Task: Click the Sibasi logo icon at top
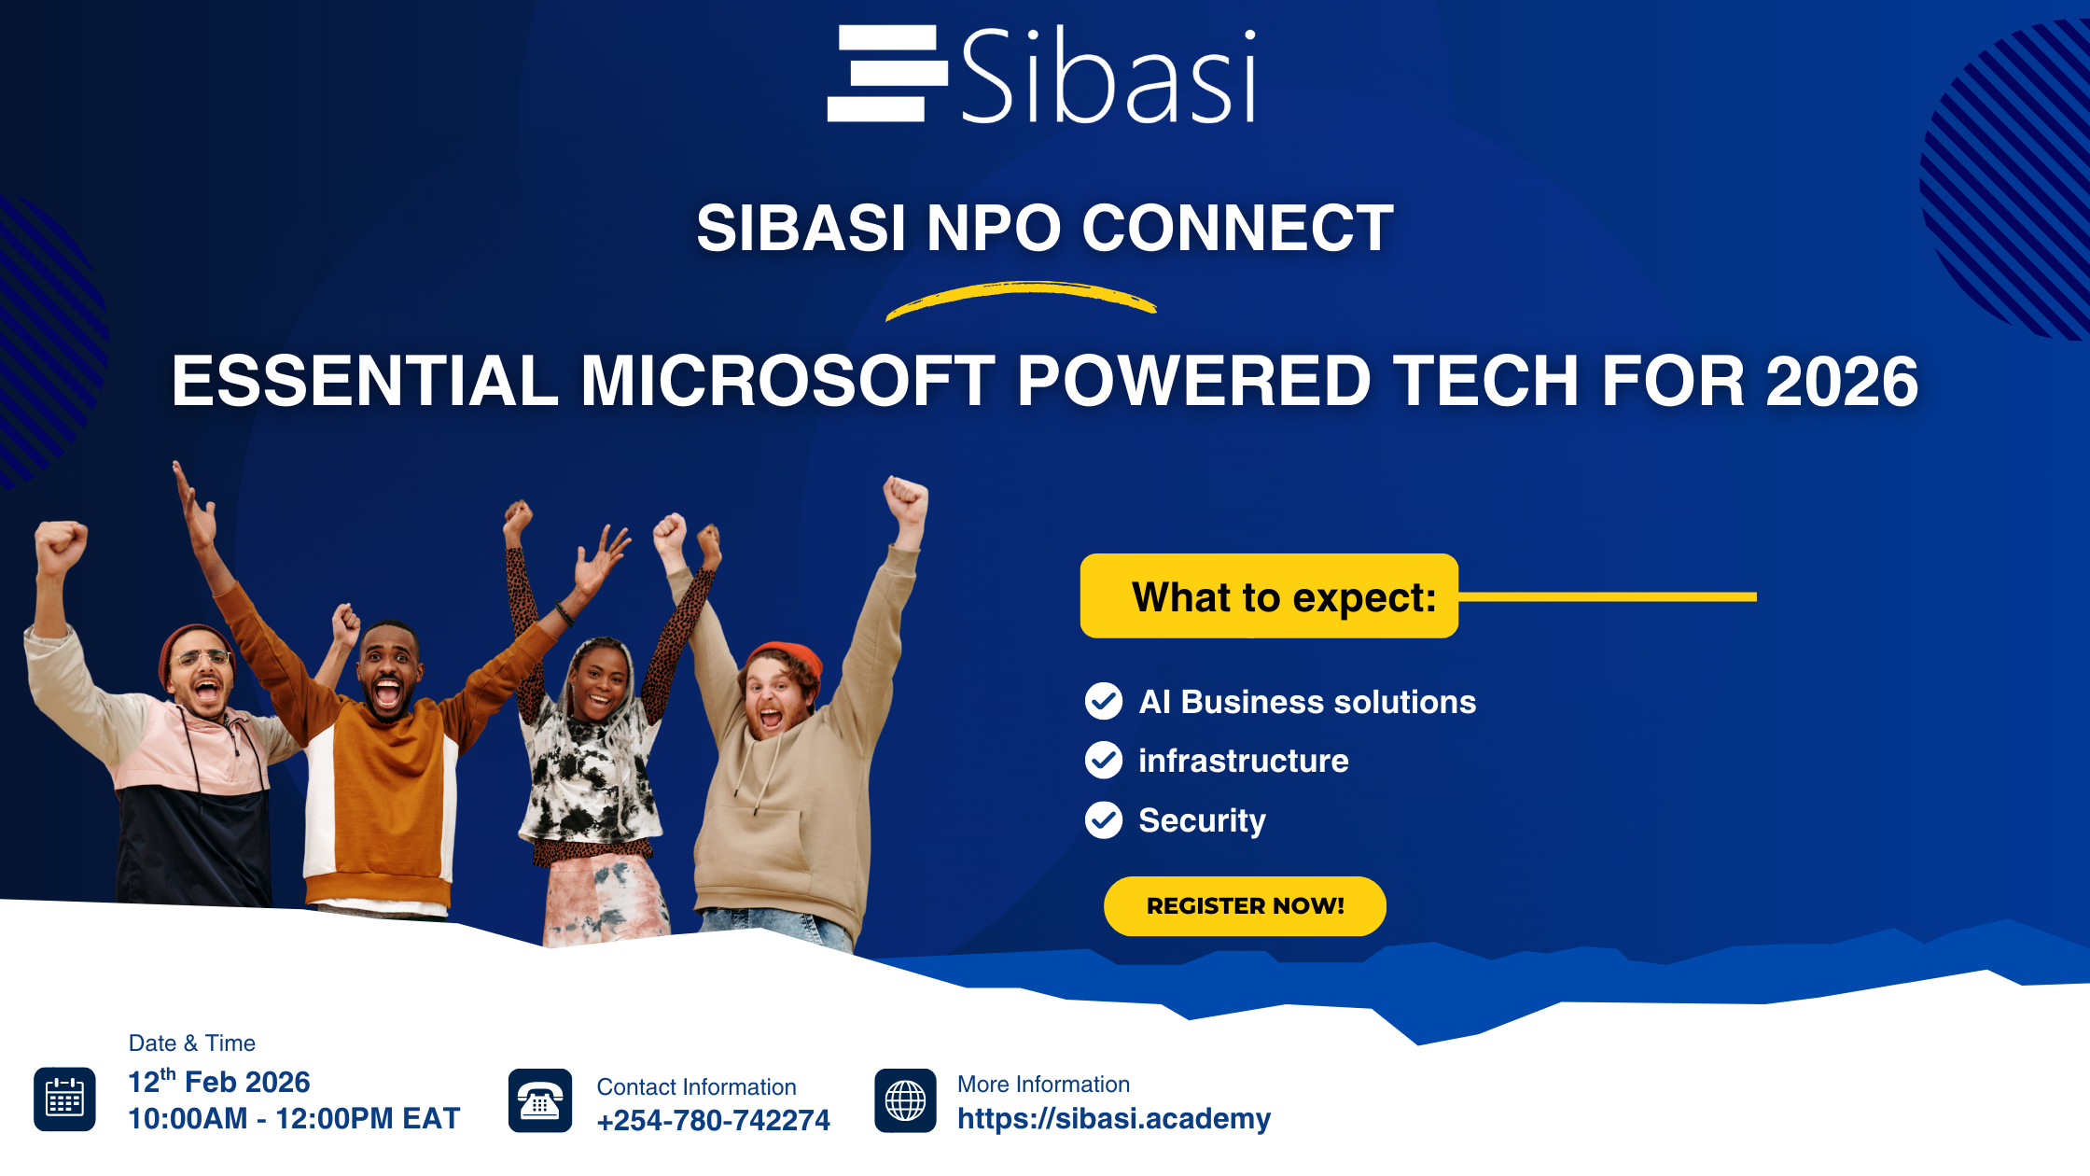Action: [887, 73]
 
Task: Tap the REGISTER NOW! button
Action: [1245, 905]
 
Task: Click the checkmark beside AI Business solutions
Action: [1104, 701]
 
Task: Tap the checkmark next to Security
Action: [1104, 820]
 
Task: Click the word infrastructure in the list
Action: [1244, 761]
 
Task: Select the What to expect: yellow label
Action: [1269, 595]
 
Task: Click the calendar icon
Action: [64, 1099]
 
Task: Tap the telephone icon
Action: [540, 1100]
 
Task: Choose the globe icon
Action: [905, 1100]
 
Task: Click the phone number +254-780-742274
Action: [713, 1120]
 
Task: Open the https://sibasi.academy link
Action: [1114, 1118]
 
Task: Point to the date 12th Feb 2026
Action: [219, 1081]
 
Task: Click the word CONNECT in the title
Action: [1237, 228]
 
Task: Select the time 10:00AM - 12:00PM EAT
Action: [294, 1118]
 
